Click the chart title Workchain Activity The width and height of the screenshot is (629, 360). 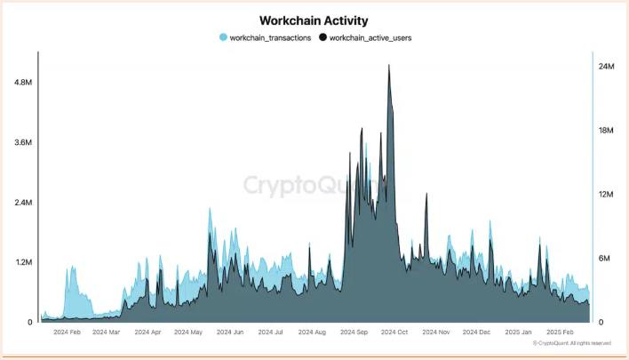[313, 20]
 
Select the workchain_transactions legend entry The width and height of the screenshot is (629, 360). [269, 38]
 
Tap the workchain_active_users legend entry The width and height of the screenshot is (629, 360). [370, 38]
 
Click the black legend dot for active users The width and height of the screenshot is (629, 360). [323, 38]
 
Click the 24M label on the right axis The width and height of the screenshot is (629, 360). [607, 67]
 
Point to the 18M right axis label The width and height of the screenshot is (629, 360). [607, 131]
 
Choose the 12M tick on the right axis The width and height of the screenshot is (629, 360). [607, 195]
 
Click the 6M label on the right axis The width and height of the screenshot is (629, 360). [605, 259]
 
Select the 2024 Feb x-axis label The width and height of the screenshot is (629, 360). [68, 332]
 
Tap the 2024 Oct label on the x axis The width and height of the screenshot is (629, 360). [394, 332]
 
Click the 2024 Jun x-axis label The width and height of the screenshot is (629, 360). [229, 332]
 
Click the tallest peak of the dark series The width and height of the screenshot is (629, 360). [389, 66]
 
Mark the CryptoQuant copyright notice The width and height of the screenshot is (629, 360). [572, 343]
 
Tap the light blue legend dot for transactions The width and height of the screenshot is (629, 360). [223, 38]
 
